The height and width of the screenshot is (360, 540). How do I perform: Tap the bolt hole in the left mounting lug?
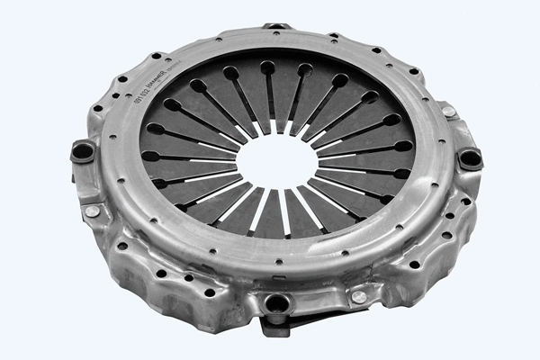pos(83,151)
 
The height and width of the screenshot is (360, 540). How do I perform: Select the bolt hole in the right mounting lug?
pos(469,158)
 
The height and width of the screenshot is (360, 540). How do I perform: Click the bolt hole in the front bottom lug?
pos(277,303)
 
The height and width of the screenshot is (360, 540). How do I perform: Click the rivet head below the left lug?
pos(93,211)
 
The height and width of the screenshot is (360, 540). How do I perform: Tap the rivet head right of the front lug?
pos(359,296)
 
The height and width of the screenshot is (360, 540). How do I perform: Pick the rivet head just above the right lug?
pos(447,112)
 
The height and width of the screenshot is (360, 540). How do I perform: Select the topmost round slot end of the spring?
pos(267,67)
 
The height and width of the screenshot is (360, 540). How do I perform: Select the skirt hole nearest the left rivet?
pos(120,245)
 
